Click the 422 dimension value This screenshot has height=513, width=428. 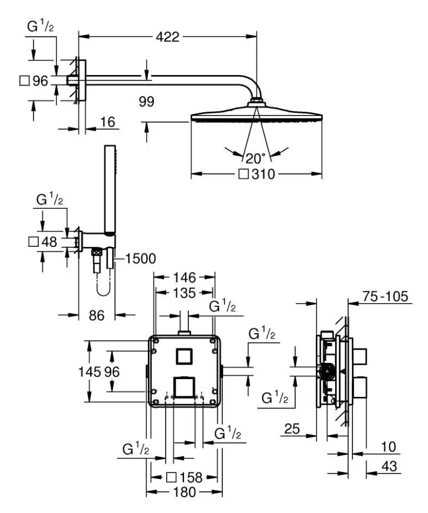[167, 37]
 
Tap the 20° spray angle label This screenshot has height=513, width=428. [256, 158]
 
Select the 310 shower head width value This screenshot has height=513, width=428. [263, 174]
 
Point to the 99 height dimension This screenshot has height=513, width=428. [147, 101]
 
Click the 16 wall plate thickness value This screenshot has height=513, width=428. [108, 122]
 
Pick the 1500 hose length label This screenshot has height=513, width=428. [141, 259]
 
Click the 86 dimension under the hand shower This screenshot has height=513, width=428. [97, 315]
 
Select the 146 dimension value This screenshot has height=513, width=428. [185, 278]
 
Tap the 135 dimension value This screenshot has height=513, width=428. [185, 293]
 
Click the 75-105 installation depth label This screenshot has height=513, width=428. [385, 297]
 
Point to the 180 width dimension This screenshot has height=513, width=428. [185, 492]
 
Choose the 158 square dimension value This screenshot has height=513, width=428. [191, 477]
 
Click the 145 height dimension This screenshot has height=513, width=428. [89, 372]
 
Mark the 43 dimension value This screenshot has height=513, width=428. [390, 466]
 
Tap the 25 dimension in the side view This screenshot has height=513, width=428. [292, 429]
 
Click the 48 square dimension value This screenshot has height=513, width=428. [49, 242]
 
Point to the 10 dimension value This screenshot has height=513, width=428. [389, 447]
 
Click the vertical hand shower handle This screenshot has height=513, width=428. [110, 190]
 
